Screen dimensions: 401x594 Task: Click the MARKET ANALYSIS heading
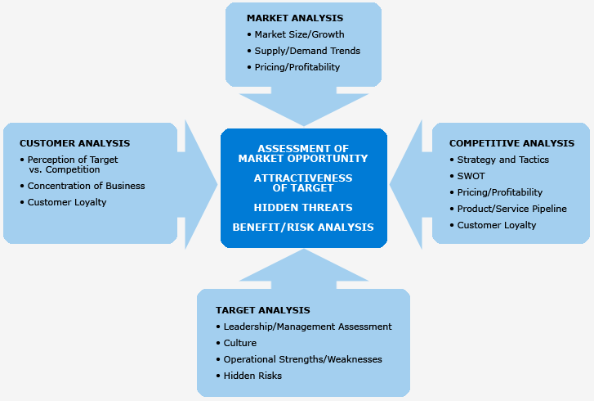[295, 18]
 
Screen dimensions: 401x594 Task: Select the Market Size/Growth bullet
[299, 34]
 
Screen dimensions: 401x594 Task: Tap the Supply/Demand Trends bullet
[307, 51]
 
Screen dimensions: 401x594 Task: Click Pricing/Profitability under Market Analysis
[297, 67]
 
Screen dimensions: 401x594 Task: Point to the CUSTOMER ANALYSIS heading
[74, 143]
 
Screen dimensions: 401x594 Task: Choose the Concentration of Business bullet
[86, 186]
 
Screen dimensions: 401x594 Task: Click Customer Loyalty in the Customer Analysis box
[67, 202]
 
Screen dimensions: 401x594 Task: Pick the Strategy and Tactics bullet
[502, 160]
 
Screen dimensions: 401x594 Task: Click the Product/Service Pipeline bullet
[511, 209]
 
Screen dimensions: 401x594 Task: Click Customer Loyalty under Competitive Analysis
[497, 225]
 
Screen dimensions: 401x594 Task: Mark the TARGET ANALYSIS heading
[263, 310]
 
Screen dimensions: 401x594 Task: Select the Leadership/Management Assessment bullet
[307, 327]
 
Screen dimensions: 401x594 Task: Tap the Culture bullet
[239, 343]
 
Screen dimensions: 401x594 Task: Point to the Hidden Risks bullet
[252, 376]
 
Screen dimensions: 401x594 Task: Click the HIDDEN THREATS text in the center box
[303, 208]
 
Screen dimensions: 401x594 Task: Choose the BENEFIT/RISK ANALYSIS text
[303, 227]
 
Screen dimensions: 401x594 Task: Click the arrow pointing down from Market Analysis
[302, 106]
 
